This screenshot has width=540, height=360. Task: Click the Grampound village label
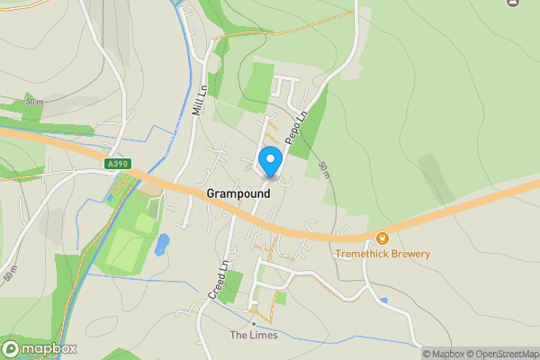238,193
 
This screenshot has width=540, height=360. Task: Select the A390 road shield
118,164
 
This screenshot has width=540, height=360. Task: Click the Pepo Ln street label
296,127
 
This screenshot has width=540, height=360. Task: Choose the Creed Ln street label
220,280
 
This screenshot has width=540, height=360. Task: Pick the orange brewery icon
382,238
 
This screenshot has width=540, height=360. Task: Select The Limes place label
253,336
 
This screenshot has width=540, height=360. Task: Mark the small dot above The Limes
254,323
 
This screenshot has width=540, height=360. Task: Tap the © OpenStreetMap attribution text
507,354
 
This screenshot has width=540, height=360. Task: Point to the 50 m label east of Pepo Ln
325,168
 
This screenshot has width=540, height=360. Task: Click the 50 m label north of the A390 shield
34,102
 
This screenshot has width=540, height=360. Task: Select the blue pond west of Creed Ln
162,244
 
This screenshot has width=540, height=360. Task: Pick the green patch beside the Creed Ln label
232,285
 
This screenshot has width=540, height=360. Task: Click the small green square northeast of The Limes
281,298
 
